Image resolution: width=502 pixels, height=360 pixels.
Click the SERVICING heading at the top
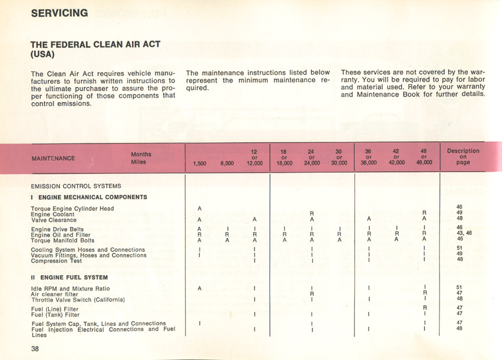pos(59,13)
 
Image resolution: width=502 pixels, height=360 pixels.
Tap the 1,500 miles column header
pos(199,164)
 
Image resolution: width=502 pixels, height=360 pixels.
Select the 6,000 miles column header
pos(227,164)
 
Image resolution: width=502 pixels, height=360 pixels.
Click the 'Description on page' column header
pos(463,157)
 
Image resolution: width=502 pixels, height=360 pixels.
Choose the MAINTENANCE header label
pos(53,159)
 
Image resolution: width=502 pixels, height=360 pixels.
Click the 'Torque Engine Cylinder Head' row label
pos(73,209)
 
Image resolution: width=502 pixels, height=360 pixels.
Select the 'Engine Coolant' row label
pos(52,214)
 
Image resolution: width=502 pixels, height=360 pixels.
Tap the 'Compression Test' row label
pos(56,261)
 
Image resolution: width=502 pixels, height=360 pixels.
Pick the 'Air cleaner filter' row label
pos(55,294)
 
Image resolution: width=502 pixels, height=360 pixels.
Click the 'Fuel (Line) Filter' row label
pos(55,309)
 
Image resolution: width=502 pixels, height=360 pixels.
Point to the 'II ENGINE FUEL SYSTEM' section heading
pos(69,277)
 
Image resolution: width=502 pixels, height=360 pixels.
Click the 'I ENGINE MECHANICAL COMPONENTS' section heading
pos(89,197)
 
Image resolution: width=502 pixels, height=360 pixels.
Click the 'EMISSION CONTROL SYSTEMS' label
pos(76,186)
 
